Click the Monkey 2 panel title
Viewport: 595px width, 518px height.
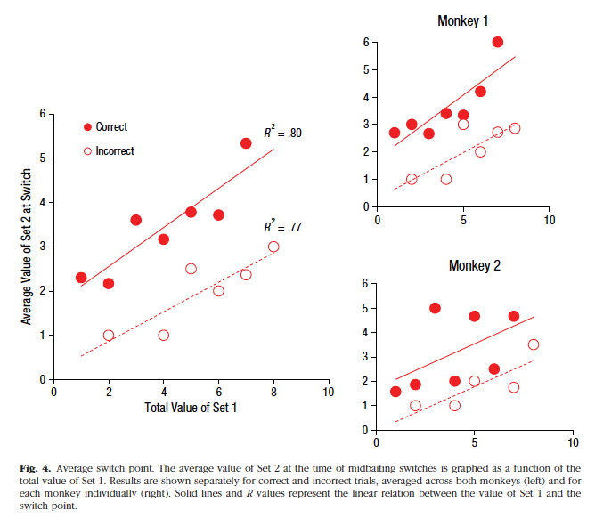(x=475, y=264)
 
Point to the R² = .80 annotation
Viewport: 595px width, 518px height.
(x=282, y=133)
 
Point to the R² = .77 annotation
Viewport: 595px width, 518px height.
(x=282, y=227)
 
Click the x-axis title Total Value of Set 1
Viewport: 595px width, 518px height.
(x=191, y=407)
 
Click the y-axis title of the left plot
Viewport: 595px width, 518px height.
(x=27, y=247)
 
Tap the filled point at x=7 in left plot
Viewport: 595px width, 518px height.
(x=246, y=143)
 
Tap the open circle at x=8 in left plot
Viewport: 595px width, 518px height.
(x=273, y=247)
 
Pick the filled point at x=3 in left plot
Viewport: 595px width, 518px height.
(x=136, y=220)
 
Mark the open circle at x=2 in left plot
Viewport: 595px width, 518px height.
(x=109, y=336)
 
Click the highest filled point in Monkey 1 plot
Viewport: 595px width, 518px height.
(x=498, y=42)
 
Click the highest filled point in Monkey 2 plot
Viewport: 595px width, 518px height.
(x=435, y=308)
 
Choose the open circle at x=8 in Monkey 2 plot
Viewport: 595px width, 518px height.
(x=533, y=344)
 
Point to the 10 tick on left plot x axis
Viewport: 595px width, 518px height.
(x=329, y=392)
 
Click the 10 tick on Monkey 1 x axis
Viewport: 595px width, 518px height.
(x=550, y=219)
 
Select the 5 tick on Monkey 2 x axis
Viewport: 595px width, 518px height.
(x=474, y=442)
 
